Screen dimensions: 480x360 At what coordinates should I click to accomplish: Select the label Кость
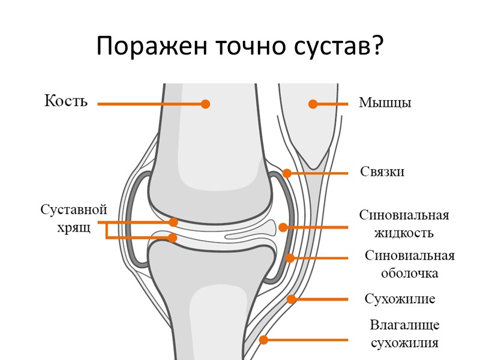pos(66,101)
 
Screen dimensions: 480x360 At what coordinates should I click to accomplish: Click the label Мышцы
pos(385,103)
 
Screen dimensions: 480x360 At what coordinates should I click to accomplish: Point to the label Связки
pos(382,172)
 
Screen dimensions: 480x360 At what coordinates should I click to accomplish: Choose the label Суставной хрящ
pos(74,218)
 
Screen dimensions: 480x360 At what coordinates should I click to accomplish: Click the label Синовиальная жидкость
pos(404,223)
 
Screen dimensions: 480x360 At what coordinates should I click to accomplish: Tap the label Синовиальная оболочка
pos(410,265)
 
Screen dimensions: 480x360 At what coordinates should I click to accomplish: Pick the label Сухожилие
pos(400,299)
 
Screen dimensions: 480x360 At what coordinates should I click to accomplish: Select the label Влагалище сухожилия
pos(404,334)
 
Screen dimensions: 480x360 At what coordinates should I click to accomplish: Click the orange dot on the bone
pos(205,104)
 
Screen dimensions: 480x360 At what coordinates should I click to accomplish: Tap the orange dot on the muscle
pos(313,104)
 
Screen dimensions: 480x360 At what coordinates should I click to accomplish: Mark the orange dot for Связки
pos(287,173)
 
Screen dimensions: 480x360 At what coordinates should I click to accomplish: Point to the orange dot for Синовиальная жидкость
pos(283,227)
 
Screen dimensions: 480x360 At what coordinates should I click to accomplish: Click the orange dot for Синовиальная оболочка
pos(290,258)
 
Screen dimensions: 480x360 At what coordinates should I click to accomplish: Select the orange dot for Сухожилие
pos(291,299)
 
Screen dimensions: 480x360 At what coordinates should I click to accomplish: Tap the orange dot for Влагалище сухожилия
pos(263,340)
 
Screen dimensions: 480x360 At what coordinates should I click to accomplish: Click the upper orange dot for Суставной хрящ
pos(173,222)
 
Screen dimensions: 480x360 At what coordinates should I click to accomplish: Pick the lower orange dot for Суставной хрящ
pos(173,238)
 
